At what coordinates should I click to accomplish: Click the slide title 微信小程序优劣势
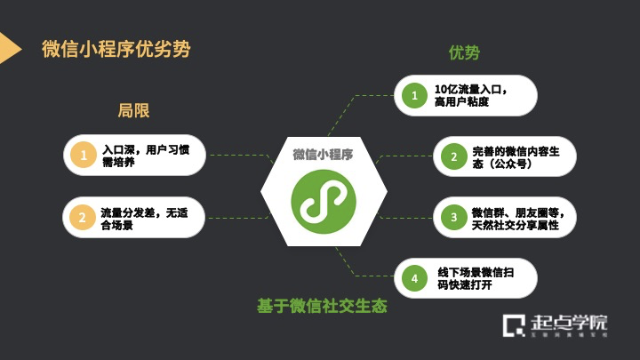click(116, 49)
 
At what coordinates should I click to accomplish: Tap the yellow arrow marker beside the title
click(9, 49)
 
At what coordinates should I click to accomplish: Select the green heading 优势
click(464, 52)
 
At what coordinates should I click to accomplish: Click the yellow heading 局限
click(133, 111)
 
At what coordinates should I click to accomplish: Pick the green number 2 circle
click(453, 156)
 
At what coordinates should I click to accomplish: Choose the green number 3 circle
click(453, 217)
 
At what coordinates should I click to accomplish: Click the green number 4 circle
click(413, 278)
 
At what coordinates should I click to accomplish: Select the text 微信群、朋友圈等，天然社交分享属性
click(516, 217)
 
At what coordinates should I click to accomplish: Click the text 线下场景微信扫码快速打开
click(474, 278)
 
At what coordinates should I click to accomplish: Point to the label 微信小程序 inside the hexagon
click(323, 154)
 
